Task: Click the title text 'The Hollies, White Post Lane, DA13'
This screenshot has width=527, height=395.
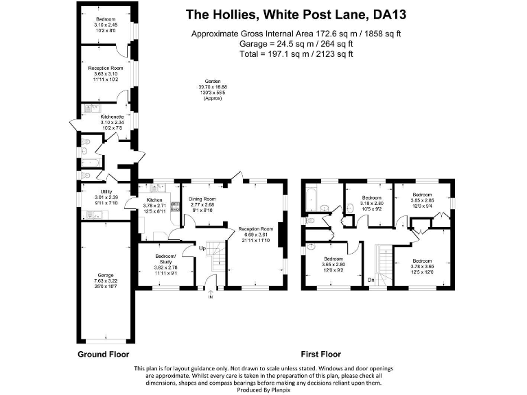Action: (296, 14)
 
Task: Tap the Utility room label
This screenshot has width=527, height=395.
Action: (106, 191)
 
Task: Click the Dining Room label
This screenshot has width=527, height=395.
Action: (202, 199)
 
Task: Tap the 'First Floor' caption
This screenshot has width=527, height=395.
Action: (320, 355)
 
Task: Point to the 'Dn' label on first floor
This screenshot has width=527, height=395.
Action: (371, 279)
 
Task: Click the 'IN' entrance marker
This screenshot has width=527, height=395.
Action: (211, 297)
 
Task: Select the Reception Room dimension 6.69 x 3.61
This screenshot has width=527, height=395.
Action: (256, 235)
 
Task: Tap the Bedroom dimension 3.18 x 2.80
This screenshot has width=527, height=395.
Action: (371, 204)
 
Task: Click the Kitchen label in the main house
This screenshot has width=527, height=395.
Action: (154, 200)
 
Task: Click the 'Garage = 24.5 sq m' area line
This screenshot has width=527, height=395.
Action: (296, 43)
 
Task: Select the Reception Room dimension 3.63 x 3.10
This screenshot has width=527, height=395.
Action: (105, 74)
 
